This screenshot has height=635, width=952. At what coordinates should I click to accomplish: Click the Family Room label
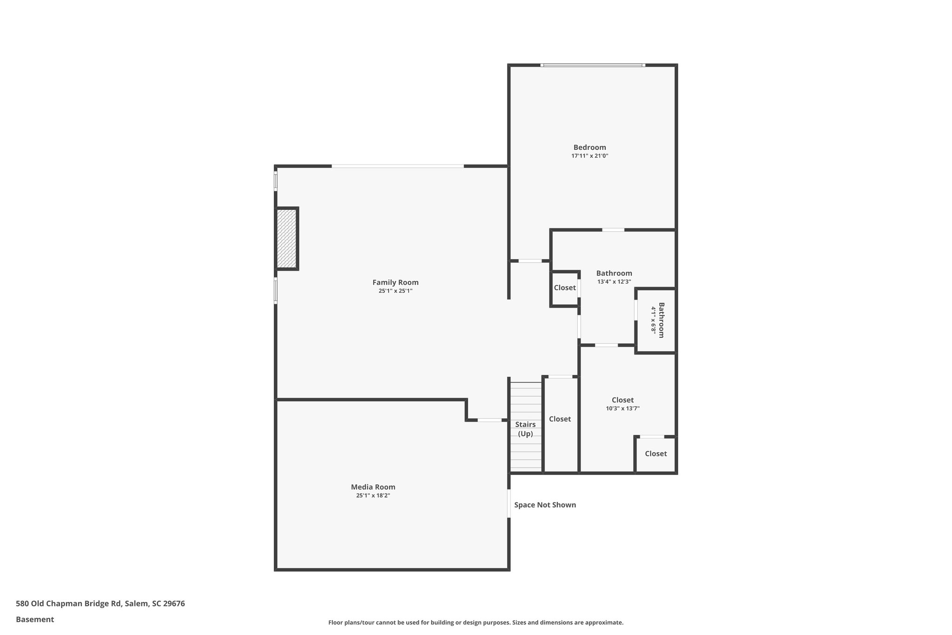(395, 282)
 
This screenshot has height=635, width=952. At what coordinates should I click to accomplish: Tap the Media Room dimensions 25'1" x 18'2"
(373, 495)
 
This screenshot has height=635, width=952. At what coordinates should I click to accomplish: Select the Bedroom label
(589, 147)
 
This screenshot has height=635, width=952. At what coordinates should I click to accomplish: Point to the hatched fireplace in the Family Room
(286, 238)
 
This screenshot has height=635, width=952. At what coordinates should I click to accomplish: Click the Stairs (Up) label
(525, 429)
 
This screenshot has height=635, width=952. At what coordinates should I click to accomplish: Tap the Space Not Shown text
(545, 505)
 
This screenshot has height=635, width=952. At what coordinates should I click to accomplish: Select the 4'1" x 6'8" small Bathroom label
(657, 320)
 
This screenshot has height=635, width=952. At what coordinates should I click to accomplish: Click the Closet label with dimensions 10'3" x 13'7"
(622, 400)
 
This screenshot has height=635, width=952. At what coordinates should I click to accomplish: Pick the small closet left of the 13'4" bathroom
(565, 288)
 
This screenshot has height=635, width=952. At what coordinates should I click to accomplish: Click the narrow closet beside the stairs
(560, 419)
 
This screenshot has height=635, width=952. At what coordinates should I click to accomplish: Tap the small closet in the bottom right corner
(655, 454)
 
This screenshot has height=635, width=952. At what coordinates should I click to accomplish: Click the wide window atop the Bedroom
(593, 65)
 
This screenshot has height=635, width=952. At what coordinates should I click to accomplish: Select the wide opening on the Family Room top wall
(397, 166)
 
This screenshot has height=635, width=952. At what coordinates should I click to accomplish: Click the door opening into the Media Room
(489, 420)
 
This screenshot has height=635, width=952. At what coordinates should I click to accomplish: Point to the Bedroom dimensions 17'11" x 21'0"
(589, 156)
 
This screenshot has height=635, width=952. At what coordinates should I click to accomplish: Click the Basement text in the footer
(35, 619)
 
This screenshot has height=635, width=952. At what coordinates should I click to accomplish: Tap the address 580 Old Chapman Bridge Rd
(100, 603)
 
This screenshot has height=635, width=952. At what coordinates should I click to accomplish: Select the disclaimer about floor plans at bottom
(476, 622)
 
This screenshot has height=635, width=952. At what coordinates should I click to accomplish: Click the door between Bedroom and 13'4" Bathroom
(613, 230)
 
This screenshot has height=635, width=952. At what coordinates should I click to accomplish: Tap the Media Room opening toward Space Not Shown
(509, 503)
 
